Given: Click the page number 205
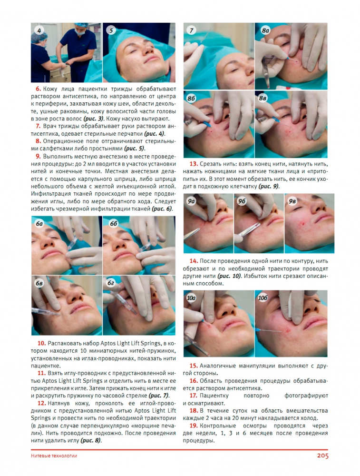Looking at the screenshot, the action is (x=323, y=456).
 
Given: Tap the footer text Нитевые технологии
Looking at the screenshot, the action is (x=54, y=456).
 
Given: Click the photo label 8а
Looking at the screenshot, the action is (x=265, y=30).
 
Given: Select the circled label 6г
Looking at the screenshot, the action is (x=111, y=283).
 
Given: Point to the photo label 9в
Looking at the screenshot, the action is (x=292, y=201).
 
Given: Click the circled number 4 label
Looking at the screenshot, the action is (x=39, y=30).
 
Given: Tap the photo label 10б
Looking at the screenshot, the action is (x=263, y=298).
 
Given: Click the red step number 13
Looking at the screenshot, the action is (x=194, y=164).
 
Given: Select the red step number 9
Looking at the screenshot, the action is (x=38, y=156).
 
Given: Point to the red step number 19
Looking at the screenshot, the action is (x=194, y=426).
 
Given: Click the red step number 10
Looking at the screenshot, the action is (x=41, y=343).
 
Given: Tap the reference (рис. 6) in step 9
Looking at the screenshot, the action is (x=162, y=209).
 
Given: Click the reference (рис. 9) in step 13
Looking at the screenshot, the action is (x=269, y=187).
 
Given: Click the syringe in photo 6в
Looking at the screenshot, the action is (x=46, y=311).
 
